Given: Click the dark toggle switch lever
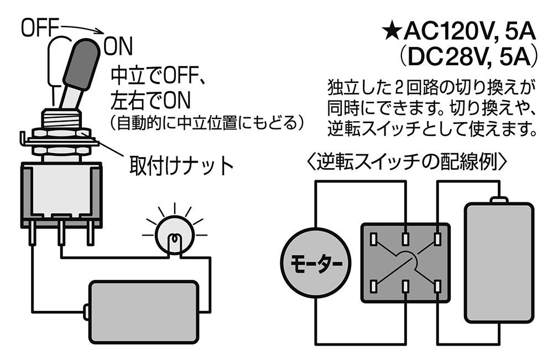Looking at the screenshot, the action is [81, 64].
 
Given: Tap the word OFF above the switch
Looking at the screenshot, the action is [39, 28].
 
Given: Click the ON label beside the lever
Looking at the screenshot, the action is [118, 46].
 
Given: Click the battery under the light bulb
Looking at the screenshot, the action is [143, 312].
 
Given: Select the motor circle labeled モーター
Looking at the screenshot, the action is [316, 262].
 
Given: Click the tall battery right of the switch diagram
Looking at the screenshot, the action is [499, 261].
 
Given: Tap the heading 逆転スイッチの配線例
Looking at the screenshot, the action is [408, 162].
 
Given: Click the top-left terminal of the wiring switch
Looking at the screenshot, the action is [373, 239].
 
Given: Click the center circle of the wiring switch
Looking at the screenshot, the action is [405, 262].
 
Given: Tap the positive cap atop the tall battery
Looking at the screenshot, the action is [499, 201].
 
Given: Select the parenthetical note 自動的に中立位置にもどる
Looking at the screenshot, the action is [207, 122].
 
